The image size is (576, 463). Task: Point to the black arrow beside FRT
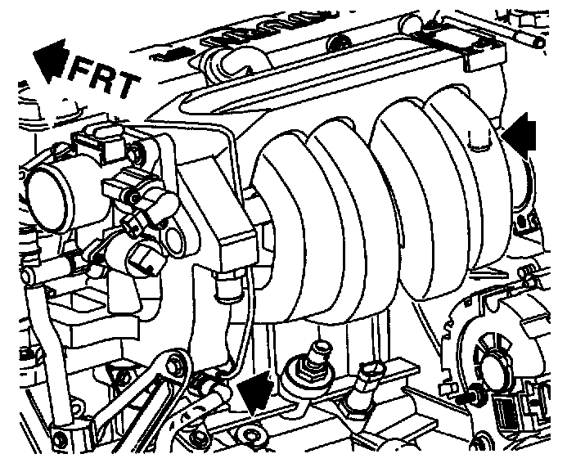(x=51, y=59)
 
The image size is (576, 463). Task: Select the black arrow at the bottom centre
(x=255, y=391)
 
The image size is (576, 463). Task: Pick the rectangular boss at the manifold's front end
(x=237, y=245)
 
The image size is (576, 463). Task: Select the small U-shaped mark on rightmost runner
(x=480, y=140)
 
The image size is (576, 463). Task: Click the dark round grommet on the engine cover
(x=337, y=43)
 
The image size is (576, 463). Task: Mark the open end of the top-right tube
(x=540, y=43)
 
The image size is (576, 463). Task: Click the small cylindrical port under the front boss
(x=227, y=286)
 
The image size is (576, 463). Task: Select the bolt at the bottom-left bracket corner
(x=58, y=438)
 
